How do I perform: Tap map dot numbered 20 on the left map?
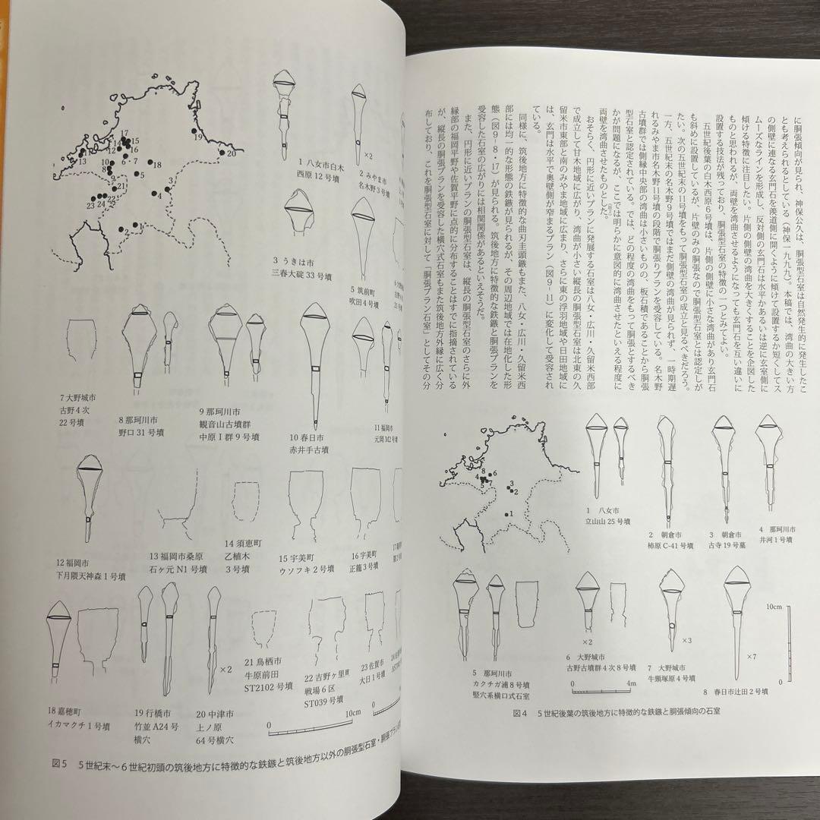[223, 153]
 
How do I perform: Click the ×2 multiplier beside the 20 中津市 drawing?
[225, 670]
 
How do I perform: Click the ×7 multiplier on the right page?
[752, 656]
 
